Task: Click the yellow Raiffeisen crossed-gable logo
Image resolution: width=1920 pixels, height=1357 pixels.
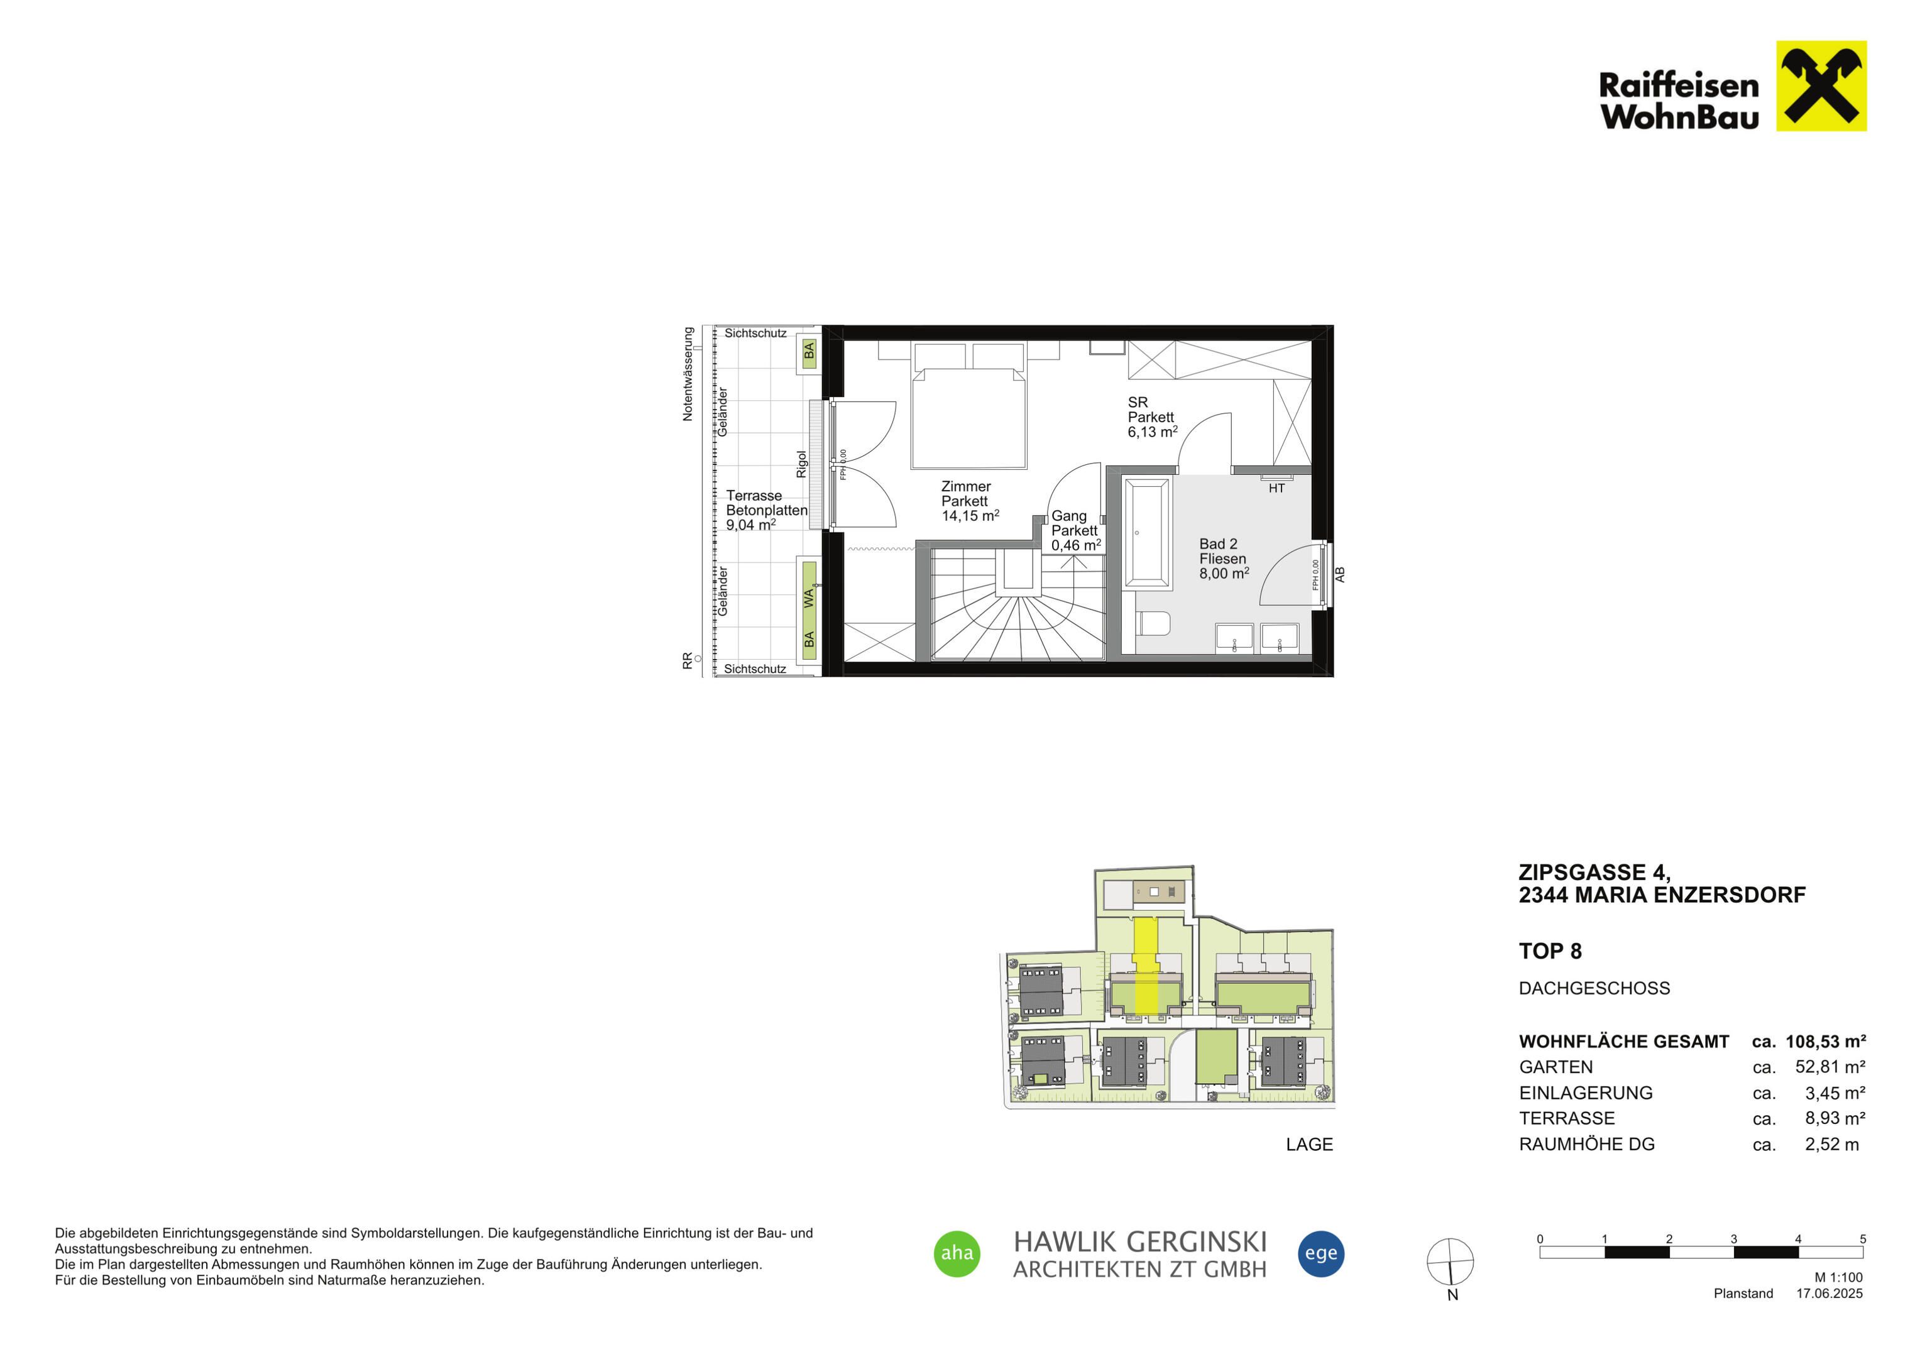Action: coord(1821,86)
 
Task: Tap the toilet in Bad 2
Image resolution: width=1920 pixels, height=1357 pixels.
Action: coord(1153,624)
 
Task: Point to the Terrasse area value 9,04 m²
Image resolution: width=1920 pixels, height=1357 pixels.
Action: coord(751,525)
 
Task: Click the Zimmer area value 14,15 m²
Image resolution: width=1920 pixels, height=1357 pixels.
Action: coord(970,516)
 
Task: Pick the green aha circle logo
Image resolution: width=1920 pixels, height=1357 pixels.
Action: coord(957,1253)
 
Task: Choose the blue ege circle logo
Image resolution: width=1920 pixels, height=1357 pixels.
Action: coord(1321,1253)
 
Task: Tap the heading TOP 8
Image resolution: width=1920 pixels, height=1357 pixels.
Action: coord(1550,952)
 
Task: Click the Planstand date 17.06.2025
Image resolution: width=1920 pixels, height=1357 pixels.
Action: coord(1829,1294)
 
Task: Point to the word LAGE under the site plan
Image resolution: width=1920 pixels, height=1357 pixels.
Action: coord(1310,1145)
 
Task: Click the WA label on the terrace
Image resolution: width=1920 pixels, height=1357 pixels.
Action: coord(809,599)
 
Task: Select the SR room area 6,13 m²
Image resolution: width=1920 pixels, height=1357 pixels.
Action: coord(1153,432)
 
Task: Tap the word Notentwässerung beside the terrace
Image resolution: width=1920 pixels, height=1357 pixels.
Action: coord(688,374)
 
